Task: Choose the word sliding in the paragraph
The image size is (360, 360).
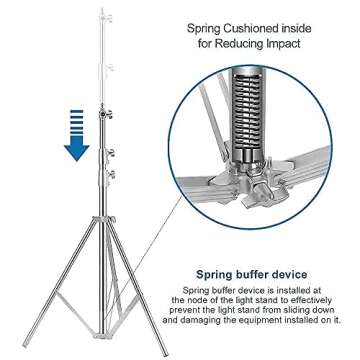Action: (x=295, y=312)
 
